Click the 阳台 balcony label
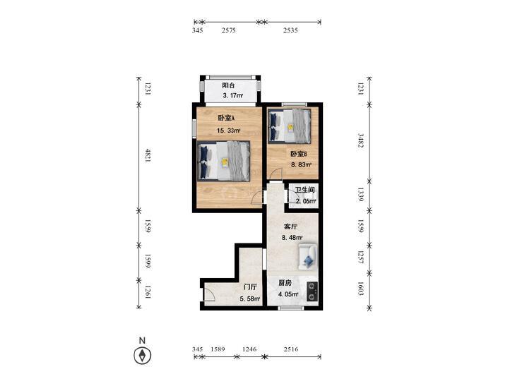pos(228,85)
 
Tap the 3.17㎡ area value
pos(233,96)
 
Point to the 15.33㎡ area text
pos(229,131)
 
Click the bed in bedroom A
pos(224,161)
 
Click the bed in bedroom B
pos(290,126)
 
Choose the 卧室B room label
pos(298,154)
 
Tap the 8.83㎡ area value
pos(301,164)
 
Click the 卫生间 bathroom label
pos(304,190)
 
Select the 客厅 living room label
pos(290,227)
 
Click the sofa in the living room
pos(308,257)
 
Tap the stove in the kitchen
pos(312,291)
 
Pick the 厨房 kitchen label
pos(285,283)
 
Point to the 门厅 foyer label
pos(250,287)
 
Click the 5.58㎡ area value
pos(250,298)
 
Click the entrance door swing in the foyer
pos(209,295)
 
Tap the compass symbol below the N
pos(143,356)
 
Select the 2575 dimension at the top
pos(229,30)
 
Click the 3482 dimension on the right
pos(360,140)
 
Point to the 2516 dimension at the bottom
pos(291,349)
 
